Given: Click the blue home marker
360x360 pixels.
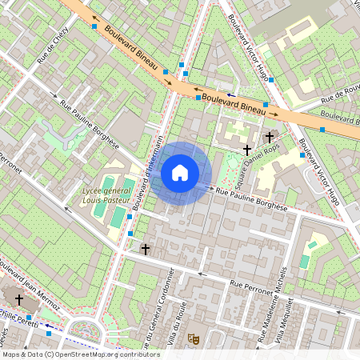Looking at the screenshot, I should [x=180, y=172].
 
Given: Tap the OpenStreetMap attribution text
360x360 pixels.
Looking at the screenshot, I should [x=81, y=354].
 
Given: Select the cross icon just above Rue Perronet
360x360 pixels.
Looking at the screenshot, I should [x=145, y=250].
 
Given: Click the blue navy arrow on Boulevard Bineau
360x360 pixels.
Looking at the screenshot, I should [x=230, y=94].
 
